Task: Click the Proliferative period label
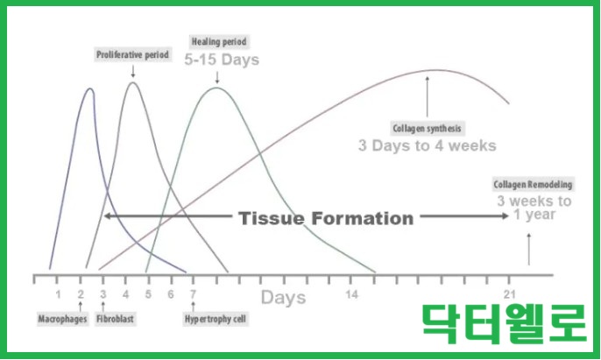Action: [132, 55]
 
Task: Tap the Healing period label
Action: [219, 41]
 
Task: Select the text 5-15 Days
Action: [222, 60]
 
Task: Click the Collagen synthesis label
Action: [427, 128]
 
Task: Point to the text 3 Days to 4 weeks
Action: [428, 145]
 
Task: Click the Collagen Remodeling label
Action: [533, 185]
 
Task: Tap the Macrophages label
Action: [62, 319]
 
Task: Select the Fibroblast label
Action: [115, 319]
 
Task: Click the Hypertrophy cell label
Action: [216, 319]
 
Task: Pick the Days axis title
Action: [284, 298]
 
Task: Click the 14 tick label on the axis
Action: [351, 294]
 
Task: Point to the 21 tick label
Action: [509, 294]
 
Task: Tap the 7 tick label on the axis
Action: [193, 294]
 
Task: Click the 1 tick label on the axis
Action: [58, 294]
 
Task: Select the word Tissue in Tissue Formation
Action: [272, 218]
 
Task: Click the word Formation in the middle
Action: [363, 218]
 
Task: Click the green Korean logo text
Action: [505, 323]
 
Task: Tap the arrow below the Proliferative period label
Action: [133, 71]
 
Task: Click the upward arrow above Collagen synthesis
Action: [428, 96]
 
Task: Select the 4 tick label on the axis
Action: [126, 294]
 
